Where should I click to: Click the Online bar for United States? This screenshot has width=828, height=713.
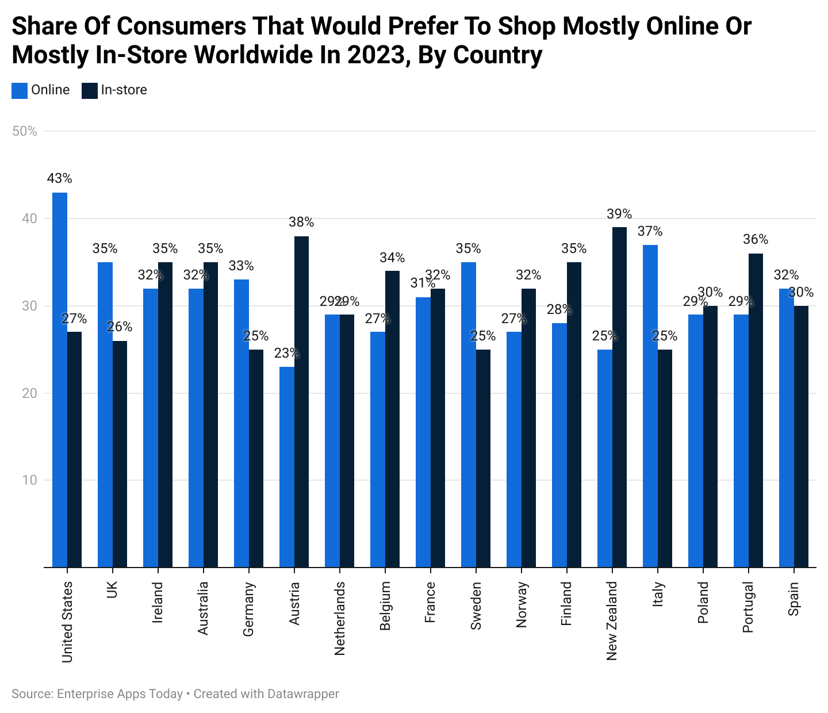pos(60,379)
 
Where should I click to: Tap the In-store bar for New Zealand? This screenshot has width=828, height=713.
pos(619,397)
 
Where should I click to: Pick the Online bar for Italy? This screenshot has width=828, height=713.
pos(650,406)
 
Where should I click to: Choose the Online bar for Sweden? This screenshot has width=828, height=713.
pos(469,415)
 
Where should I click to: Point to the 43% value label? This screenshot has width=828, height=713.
pos(59,179)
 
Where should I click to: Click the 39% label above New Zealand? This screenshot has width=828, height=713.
pos(619,214)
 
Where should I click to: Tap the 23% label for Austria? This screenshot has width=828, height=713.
pos(286,353)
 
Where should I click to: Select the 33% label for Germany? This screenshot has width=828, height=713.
pos(241,266)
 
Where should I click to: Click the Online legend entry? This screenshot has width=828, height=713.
pos(41,90)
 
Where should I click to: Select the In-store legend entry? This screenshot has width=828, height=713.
pos(114,90)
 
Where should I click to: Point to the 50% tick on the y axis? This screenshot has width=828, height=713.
pos(24,132)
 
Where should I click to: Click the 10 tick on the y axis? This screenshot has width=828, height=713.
pos(29,480)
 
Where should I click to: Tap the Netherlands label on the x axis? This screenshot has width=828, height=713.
pos(340,618)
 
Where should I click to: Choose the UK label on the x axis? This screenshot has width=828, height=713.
pos(112,590)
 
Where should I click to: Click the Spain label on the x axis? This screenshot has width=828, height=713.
pos(793,598)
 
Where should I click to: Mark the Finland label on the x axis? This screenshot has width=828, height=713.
pos(566,603)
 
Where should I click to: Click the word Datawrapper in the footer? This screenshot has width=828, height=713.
pos(302,694)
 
